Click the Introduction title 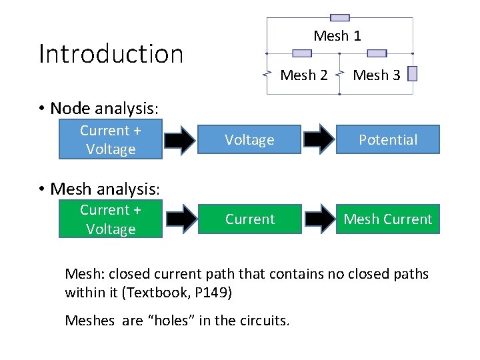[x=111, y=54]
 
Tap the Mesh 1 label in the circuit [x=337, y=36]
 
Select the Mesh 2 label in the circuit [x=304, y=75]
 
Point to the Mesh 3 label [x=377, y=75]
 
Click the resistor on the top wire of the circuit [x=340, y=18]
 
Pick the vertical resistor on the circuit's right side [x=413, y=73]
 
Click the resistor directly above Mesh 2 [x=302, y=53]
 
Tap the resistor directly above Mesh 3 [x=377, y=53]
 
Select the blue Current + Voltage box [x=111, y=140]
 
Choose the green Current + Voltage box [x=111, y=219]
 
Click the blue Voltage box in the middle [x=249, y=140]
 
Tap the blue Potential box [x=388, y=140]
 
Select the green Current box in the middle [x=249, y=219]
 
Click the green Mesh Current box [x=388, y=219]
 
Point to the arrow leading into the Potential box [x=319, y=139]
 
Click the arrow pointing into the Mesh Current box [x=319, y=219]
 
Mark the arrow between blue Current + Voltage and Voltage [x=181, y=139]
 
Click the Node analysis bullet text [x=105, y=108]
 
